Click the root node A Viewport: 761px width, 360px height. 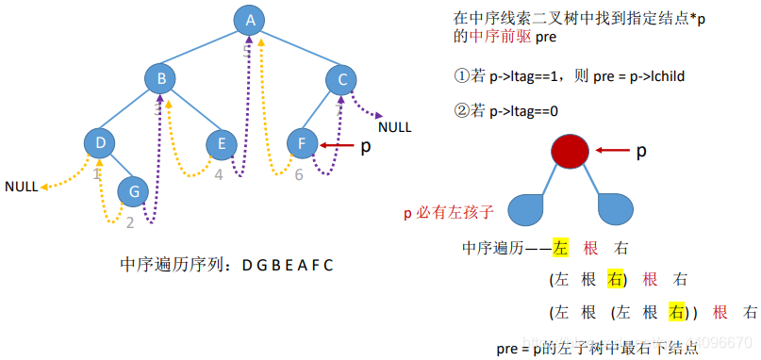(x=249, y=20)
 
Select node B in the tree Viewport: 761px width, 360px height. (x=161, y=79)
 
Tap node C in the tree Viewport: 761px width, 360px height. (x=342, y=79)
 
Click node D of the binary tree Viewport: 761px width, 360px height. (x=99, y=143)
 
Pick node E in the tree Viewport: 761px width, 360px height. (x=222, y=143)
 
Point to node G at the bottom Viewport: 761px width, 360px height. (x=134, y=191)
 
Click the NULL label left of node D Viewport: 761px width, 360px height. (x=21, y=187)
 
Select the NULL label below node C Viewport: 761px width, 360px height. (x=394, y=126)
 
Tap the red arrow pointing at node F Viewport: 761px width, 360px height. (x=337, y=145)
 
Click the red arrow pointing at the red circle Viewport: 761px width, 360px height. (x=612, y=150)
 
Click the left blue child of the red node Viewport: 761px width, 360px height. (x=530, y=208)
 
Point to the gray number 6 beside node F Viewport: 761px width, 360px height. (x=298, y=174)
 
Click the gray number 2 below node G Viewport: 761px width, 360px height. (x=130, y=222)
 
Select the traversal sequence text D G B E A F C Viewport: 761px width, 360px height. (x=287, y=265)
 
